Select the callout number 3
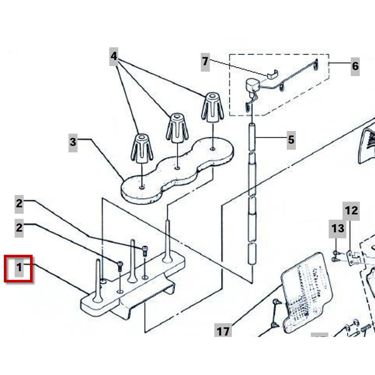coord(73,142)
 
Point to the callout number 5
coord(290,140)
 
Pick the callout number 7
coord(205,62)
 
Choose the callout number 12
coord(351,210)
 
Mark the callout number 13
coord(337,229)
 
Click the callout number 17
coord(223,331)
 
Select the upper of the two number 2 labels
coord(19,204)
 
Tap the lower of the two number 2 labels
coord(19,227)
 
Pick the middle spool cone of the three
coord(176,129)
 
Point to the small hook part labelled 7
coord(272,74)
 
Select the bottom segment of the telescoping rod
coord(251,263)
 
